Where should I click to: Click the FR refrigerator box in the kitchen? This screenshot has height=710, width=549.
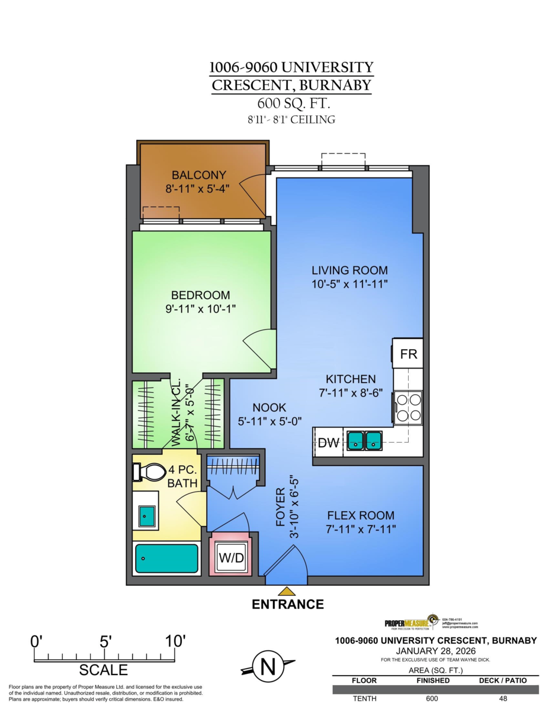tap(409, 354)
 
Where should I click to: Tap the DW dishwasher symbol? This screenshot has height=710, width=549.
tap(328, 442)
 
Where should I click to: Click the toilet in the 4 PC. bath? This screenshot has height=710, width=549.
tap(151, 472)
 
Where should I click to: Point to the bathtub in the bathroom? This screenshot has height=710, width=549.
tap(166, 559)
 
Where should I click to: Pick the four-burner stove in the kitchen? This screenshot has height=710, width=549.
tap(409, 407)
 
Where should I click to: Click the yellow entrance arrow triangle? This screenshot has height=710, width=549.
tap(287, 590)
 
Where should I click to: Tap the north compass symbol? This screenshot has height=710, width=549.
tap(268, 667)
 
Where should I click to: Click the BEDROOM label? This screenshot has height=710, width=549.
tap(200, 295)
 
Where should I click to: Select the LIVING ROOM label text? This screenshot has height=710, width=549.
tap(349, 270)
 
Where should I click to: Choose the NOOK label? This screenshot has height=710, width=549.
tap(269, 408)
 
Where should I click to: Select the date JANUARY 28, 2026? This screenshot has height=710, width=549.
tap(435, 651)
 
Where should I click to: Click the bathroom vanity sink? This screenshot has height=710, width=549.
tap(146, 516)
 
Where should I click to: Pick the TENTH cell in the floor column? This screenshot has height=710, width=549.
tap(364, 699)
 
